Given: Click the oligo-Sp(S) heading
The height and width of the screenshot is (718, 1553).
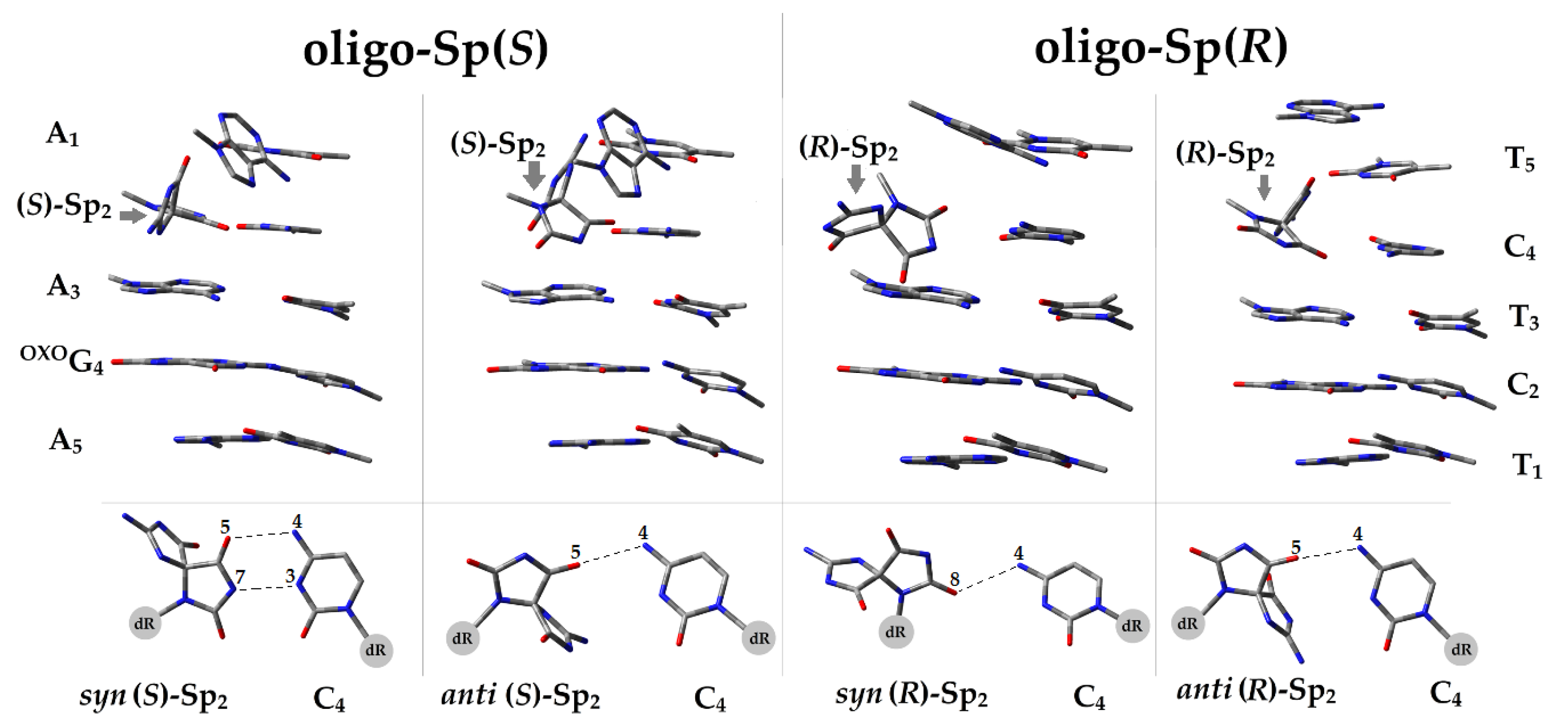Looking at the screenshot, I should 426,51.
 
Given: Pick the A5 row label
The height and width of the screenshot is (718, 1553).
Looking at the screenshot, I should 65,443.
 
